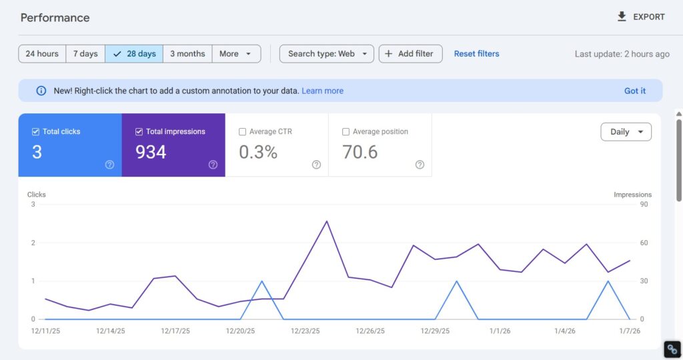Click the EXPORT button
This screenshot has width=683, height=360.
tap(640, 17)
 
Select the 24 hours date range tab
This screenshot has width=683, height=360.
tap(42, 53)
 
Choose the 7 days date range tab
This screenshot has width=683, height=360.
tap(85, 53)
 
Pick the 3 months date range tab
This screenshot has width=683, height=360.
tap(187, 53)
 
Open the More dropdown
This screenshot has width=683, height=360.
tap(236, 53)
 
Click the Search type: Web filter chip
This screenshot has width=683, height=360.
tap(326, 53)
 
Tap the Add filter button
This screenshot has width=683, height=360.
tap(410, 53)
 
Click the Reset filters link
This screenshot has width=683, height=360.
tap(476, 53)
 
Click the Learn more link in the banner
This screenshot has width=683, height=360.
tap(322, 91)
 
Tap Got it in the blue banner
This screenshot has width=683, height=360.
tap(634, 91)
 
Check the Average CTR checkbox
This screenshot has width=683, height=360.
tap(243, 132)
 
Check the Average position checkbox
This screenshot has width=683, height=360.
tap(346, 132)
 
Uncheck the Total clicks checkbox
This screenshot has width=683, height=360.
tap(36, 132)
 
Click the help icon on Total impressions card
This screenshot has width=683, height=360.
tap(213, 165)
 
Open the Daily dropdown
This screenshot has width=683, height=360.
tap(626, 132)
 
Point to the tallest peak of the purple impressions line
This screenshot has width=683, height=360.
tap(327, 221)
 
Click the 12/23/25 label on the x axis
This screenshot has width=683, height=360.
tap(305, 331)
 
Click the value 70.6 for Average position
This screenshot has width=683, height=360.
tap(360, 152)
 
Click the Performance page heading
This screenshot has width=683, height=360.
tap(55, 17)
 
